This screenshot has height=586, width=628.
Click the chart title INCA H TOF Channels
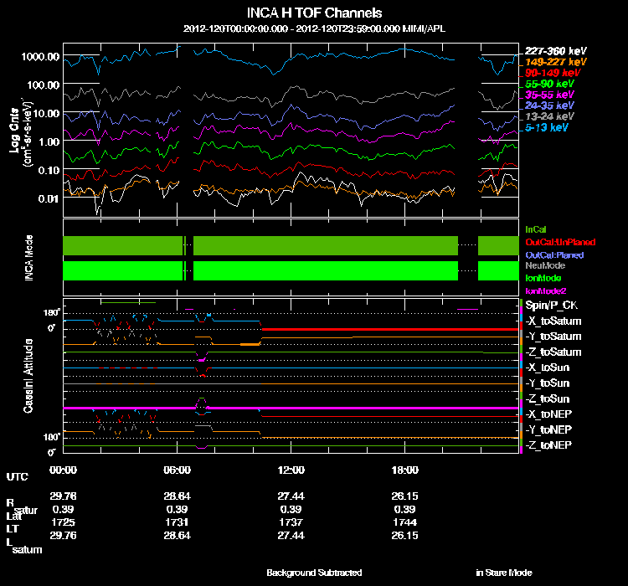[x=315, y=13]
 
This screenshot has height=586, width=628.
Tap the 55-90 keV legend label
[x=549, y=84]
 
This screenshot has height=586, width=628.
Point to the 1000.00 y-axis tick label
[x=41, y=56]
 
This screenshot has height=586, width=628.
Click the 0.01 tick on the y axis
[x=47, y=198]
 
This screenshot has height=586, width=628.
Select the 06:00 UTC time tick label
[x=178, y=470]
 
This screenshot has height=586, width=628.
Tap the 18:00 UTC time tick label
[x=404, y=470]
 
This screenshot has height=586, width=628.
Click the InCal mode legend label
[x=536, y=229]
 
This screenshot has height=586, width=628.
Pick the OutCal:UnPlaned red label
[x=553, y=241]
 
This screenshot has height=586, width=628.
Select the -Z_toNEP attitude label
[x=551, y=444]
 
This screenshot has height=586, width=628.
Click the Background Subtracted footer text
[x=314, y=573]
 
